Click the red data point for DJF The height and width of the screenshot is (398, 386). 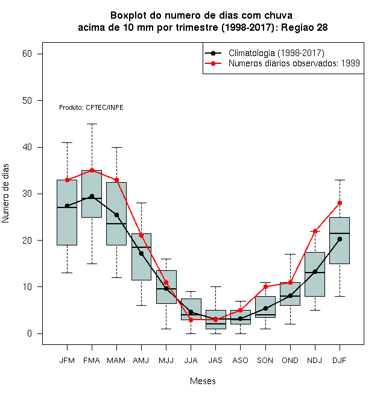point(340,203)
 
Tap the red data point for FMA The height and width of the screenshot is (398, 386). point(92,170)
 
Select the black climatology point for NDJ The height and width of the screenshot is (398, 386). point(315,271)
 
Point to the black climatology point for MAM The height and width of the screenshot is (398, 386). point(116,215)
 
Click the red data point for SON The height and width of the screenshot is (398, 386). point(265,287)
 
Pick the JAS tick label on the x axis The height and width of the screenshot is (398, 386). point(215,361)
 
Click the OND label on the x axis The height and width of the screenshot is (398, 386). point(290,361)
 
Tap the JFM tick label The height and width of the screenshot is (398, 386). point(67,361)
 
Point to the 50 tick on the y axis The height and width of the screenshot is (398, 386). point(27,101)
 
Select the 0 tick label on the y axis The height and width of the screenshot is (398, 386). point(30,333)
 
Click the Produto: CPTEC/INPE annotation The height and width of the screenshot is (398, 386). point(91,107)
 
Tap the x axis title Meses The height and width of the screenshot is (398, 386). point(203,381)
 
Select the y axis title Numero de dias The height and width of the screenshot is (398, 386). point(5,194)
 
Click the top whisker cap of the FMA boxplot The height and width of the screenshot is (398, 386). point(92,124)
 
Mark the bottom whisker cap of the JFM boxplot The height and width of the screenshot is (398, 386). point(67,273)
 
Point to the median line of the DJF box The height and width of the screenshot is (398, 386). point(340,233)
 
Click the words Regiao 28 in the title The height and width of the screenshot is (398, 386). point(304,27)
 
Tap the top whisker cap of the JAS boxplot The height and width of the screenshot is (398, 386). point(215,287)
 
